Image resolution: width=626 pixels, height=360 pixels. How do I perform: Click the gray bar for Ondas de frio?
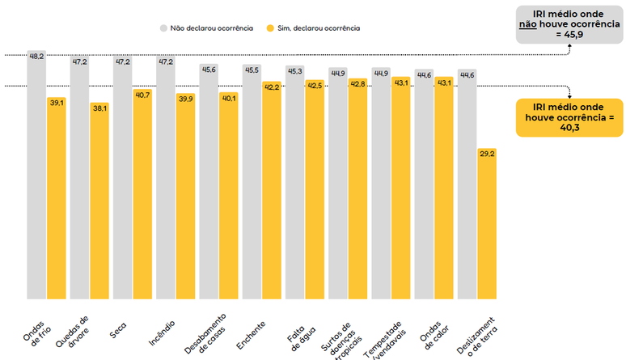[x=36, y=175]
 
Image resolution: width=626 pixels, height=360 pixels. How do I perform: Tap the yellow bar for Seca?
[x=142, y=193]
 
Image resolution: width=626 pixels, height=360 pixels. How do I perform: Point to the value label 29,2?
[x=487, y=152]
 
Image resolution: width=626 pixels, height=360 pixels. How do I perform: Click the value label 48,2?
[x=36, y=57]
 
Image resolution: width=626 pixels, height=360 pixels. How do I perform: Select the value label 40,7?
[x=142, y=95]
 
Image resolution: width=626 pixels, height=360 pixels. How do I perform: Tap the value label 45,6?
[x=209, y=70]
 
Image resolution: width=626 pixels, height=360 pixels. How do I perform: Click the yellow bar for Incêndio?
[x=185, y=195]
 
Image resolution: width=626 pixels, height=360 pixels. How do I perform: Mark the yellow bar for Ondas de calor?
[x=444, y=187]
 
